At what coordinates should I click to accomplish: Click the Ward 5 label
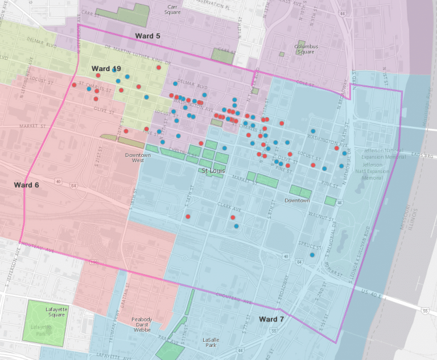pyautogui.click(x=147, y=36)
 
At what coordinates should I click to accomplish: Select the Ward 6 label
pyautogui.click(x=27, y=185)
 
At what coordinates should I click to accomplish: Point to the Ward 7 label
pyautogui.click(x=271, y=319)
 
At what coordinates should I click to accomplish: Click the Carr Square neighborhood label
pyautogui.click(x=172, y=9)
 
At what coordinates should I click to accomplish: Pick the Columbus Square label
pyautogui.click(x=306, y=49)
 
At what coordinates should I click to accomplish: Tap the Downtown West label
pyautogui.click(x=138, y=158)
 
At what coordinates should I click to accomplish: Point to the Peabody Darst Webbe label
pyautogui.click(x=141, y=324)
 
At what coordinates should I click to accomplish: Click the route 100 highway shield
pyautogui.click(x=94, y=262)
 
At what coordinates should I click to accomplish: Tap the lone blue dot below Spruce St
pyautogui.click(x=312, y=255)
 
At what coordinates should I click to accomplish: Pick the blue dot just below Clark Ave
pyautogui.click(x=236, y=226)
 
